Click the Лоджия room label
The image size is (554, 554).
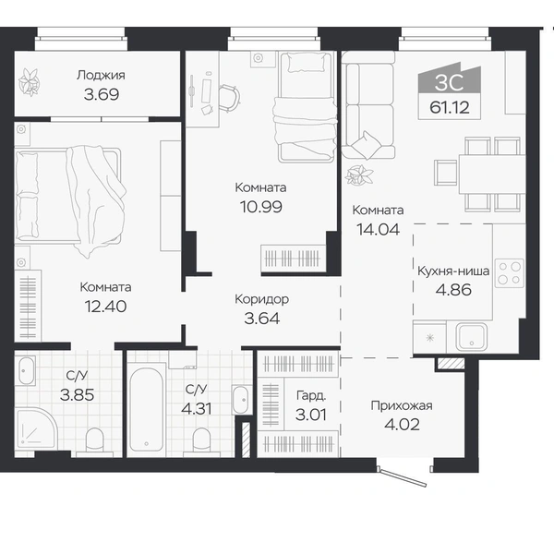(x=101, y=76)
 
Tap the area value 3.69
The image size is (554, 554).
(x=102, y=94)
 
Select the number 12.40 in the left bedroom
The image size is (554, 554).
(x=105, y=307)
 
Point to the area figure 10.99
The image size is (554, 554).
(x=261, y=207)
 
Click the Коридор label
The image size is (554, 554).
(x=262, y=299)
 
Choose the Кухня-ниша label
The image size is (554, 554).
(x=453, y=271)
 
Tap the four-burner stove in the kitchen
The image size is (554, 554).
(x=509, y=272)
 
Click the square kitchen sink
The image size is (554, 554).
(x=471, y=337)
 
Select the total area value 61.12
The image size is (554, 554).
(x=450, y=107)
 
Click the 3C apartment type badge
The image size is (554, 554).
(x=449, y=82)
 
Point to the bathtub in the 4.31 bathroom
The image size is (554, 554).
(x=147, y=409)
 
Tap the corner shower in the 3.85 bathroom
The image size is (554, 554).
(x=36, y=429)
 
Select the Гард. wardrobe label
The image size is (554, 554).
(x=311, y=396)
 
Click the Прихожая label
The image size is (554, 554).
(x=402, y=405)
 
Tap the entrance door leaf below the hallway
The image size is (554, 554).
(x=403, y=477)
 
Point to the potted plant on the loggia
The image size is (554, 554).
(x=29, y=82)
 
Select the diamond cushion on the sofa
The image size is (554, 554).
(x=367, y=145)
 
